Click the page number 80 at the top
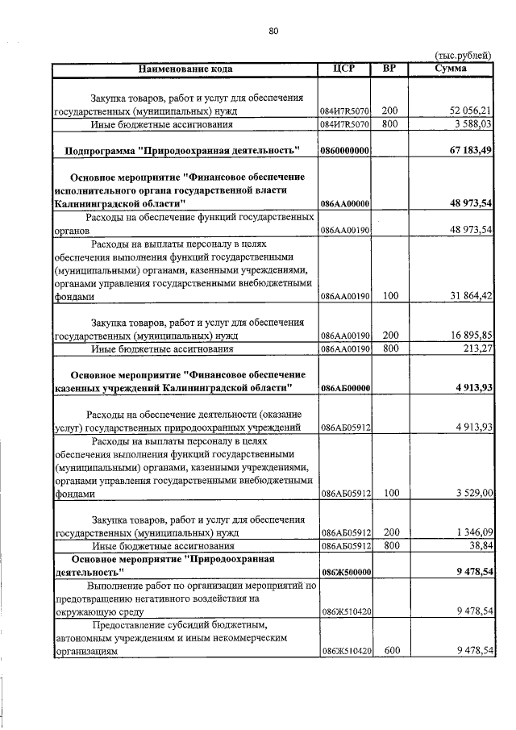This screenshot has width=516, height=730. coord(273,31)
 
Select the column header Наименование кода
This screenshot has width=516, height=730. coord(185,69)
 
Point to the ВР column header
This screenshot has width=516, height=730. coord(390,68)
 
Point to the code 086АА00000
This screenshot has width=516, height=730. coord(344,205)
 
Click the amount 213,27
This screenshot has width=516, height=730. coord(476,349)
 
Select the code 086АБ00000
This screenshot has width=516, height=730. coord(344,389)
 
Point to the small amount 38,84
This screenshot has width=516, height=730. coord(479,546)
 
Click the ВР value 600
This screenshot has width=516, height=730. coord(390,650)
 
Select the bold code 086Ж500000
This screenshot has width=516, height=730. coord(344,572)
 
